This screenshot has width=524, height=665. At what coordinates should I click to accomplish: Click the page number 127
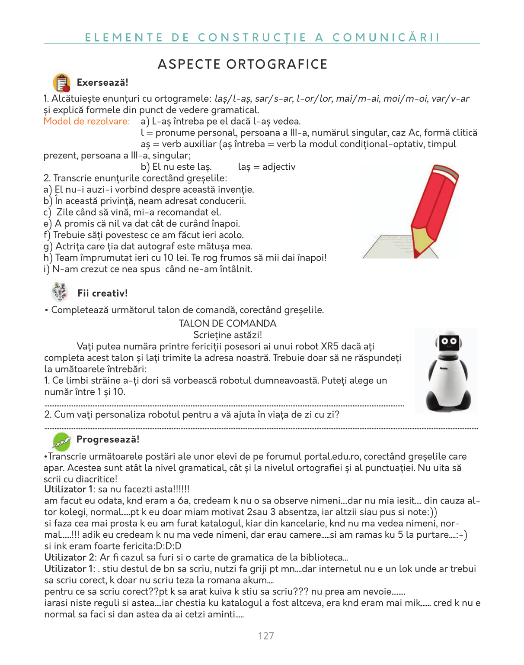coord(266,636)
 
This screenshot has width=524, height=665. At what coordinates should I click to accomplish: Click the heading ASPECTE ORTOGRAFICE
coord(243,64)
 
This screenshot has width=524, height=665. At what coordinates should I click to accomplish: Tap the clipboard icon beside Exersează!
coord(62,83)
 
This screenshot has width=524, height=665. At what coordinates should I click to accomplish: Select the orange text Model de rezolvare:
coord(86,121)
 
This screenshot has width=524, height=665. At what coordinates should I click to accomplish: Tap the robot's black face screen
coord(448,342)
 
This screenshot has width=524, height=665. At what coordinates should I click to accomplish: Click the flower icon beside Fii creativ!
coord(60,292)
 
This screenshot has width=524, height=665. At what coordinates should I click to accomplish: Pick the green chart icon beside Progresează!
coord(61,441)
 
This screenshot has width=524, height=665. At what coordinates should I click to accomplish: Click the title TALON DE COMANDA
coord(227,323)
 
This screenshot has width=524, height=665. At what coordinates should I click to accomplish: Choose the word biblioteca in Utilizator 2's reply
coord(321,557)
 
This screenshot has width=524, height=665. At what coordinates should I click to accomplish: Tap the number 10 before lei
coord(168,258)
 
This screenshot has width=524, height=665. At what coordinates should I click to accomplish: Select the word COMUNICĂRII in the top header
coord(386,38)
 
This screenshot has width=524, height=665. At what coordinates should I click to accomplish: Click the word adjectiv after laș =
coord(279,167)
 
